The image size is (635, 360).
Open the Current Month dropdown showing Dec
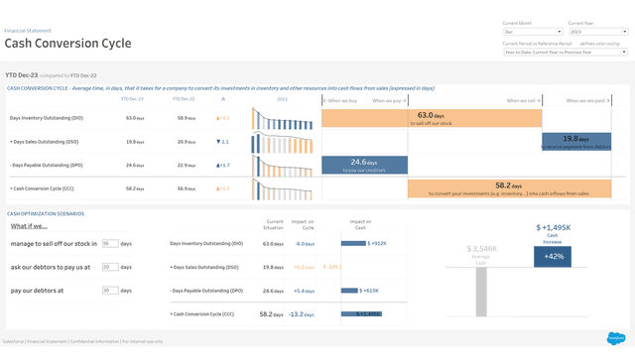(532, 32)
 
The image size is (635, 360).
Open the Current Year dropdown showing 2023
(596, 32)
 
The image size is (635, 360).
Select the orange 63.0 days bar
(474, 118)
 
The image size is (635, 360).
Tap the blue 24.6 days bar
(364, 165)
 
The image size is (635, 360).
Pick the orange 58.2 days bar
(474, 187)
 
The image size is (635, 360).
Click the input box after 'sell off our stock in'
(110, 243)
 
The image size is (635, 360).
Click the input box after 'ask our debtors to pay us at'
(110, 267)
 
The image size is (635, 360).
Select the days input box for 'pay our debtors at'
(110, 291)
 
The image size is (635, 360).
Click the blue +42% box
(552, 256)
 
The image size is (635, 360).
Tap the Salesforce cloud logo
(616, 339)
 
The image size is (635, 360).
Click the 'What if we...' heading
(27, 226)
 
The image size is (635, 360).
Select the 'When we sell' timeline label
(522, 100)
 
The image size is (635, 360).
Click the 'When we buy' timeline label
(342, 100)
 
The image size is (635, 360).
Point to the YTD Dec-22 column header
(184, 99)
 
